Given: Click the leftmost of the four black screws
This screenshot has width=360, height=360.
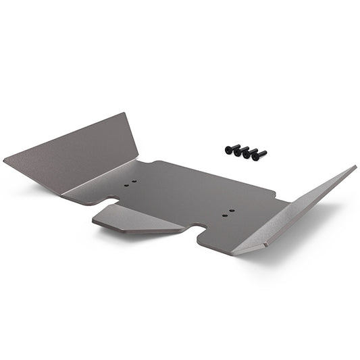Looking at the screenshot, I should (230, 148).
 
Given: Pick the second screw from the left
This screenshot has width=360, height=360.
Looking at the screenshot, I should (239, 150).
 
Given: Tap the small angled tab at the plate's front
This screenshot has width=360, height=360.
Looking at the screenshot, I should (138, 219).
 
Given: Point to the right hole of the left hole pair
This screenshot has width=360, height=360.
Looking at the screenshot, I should (134, 181).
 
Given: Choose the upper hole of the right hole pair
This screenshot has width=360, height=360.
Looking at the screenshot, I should (232, 211).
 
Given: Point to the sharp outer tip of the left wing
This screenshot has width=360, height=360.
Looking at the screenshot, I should (5, 161).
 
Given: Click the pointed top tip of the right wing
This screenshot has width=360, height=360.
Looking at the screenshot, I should (355, 167).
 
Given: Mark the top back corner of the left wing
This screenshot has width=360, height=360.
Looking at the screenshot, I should (126, 113).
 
